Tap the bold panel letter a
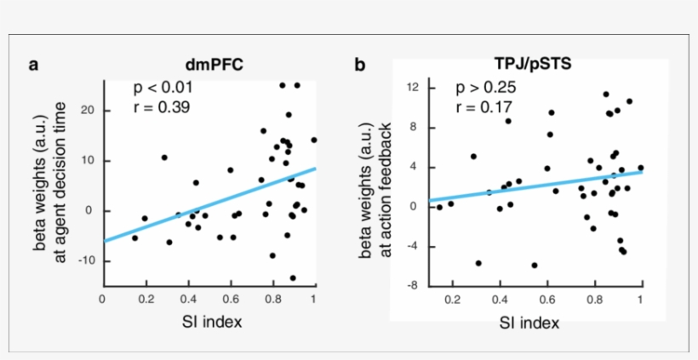click(33, 65)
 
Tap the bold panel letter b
click(360, 65)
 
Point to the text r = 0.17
click(483, 107)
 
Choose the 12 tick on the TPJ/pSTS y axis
click(415, 88)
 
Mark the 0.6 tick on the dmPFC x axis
click(230, 299)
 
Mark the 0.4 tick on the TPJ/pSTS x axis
click(498, 300)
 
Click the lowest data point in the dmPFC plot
click(293, 277)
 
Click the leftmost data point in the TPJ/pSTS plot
click(439, 207)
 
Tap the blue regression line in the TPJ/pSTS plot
click(536, 184)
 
